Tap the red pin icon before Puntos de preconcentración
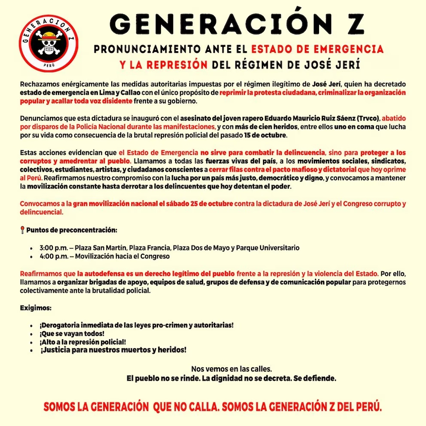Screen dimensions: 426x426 [22, 230]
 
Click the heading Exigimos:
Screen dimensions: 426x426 [36, 308]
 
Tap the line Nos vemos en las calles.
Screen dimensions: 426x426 [231, 369]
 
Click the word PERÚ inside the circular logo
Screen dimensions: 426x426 [49, 64]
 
